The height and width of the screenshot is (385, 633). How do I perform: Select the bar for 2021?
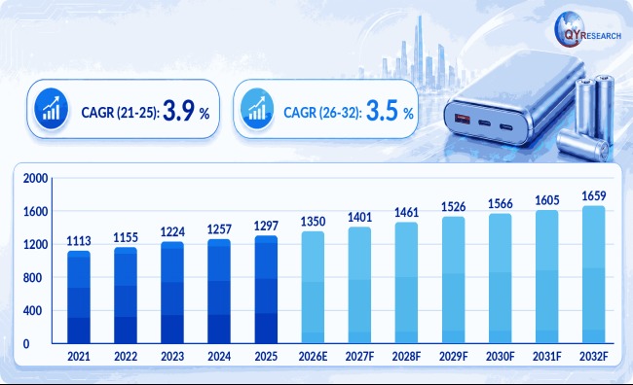pyautogui.click(x=79, y=297)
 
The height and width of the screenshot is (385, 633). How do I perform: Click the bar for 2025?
pyautogui.click(x=266, y=290)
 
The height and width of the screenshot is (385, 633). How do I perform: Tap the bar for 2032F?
pyautogui.click(x=594, y=274)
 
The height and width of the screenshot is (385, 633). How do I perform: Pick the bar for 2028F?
pyautogui.click(x=406, y=283)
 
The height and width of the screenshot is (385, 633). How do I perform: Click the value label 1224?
pyautogui.click(x=172, y=231)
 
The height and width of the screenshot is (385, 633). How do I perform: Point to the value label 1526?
pyautogui.click(x=454, y=207)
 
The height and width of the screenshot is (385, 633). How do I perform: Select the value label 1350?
pyautogui.click(x=313, y=222)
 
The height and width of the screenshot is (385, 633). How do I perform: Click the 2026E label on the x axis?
pyautogui.click(x=313, y=357)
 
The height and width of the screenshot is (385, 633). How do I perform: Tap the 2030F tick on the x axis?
pyautogui.click(x=501, y=357)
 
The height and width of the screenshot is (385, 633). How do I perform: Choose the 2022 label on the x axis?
pyautogui.click(x=126, y=357)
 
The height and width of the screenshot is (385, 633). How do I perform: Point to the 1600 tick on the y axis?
pyautogui.click(x=35, y=211)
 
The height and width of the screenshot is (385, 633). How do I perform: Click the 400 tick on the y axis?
pyautogui.click(x=32, y=311)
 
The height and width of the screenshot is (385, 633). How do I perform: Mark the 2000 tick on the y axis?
pyautogui.click(x=35, y=178)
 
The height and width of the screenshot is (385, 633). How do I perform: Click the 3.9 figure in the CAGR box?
pyautogui.click(x=178, y=111)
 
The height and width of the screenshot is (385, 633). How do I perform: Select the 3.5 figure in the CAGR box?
pyautogui.click(x=382, y=111)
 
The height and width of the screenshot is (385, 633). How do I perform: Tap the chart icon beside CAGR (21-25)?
pyautogui.click(x=52, y=109)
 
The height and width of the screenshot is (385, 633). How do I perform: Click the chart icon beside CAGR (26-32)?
pyautogui.click(x=257, y=109)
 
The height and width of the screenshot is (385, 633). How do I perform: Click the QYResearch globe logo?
pyautogui.click(x=570, y=29)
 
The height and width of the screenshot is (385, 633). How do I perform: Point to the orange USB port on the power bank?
pyautogui.click(x=463, y=119)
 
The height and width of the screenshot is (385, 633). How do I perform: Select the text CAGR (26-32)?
pyautogui.click(x=322, y=113)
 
